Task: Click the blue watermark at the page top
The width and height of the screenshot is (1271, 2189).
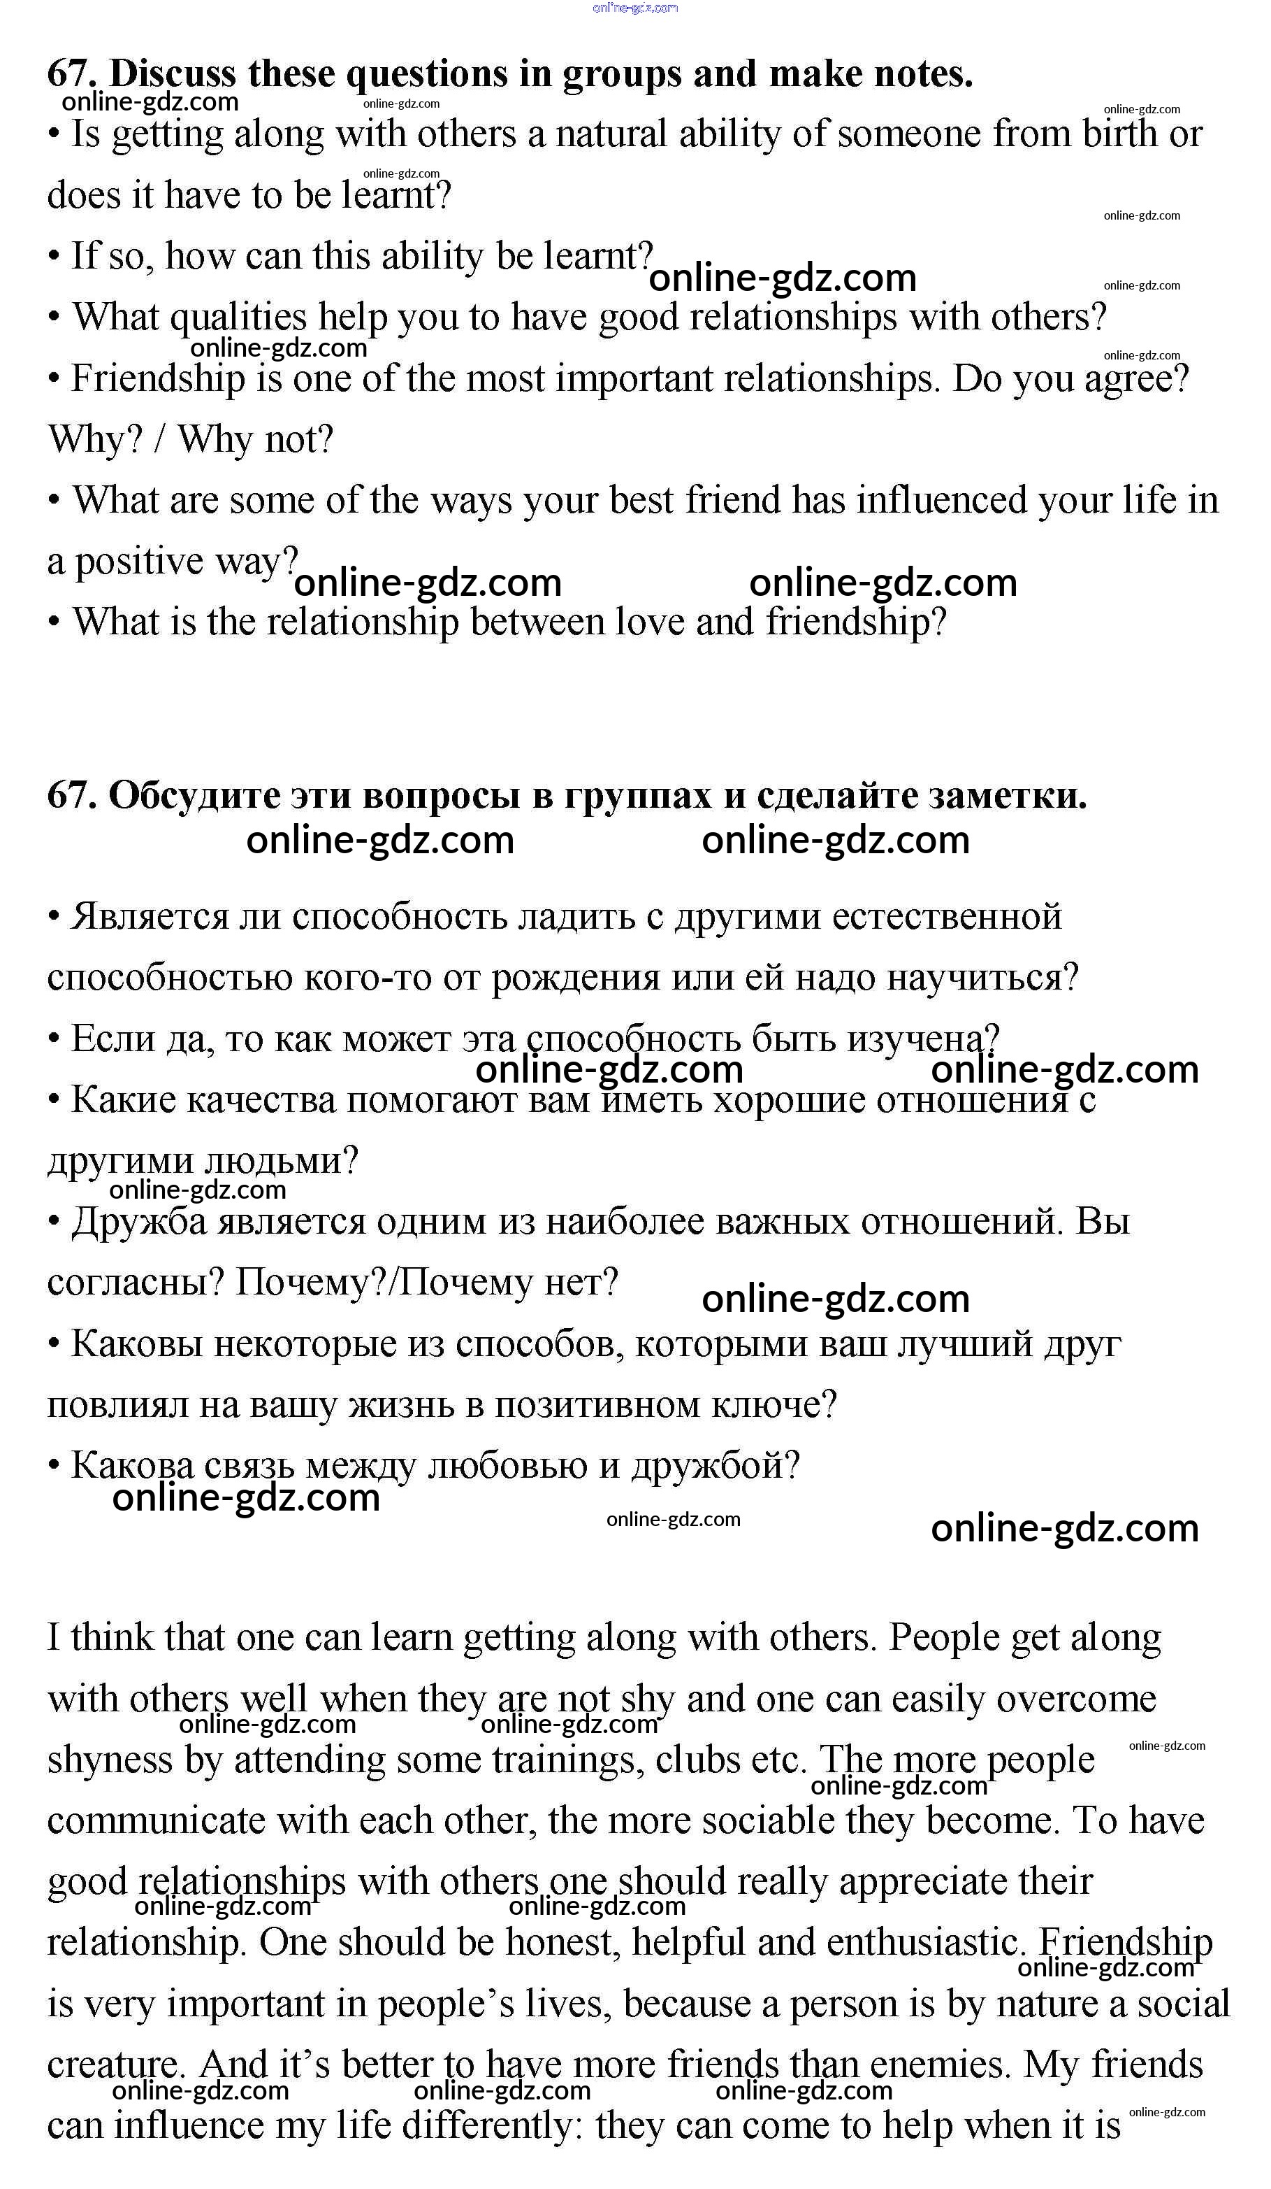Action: coord(634,8)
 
